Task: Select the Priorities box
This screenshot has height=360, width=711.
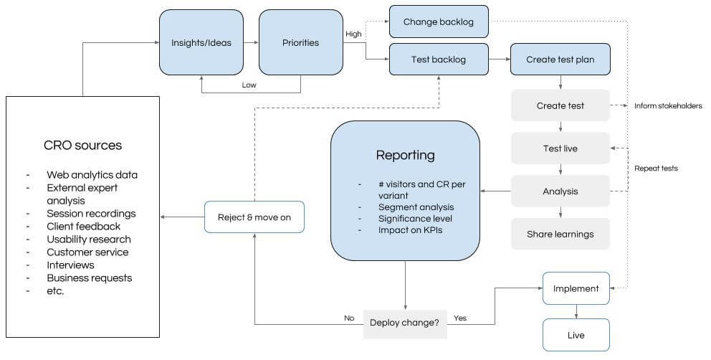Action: pyautogui.click(x=300, y=42)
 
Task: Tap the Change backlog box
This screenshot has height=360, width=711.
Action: pyautogui.click(x=439, y=22)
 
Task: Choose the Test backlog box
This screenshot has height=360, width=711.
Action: pyautogui.click(x=439, y=60)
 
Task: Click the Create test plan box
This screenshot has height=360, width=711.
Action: pyautogui.click(x=560, y=60)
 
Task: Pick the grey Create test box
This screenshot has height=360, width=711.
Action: pyautogui.click(x=560, y=105)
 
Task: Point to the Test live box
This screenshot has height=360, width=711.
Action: pyautogui.click(x=560, y=148)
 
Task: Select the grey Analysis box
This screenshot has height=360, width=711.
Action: pyautogui.click(x=560, y=191)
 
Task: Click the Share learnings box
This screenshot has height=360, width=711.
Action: pyautogui.click(x=560, y=234)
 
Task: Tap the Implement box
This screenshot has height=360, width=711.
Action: pyautogui.click(x=576, y=288)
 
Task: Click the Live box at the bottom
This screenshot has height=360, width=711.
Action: pyautogui.click(x=576, y=335)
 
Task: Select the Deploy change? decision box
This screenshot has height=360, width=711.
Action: pyautogui.click(x=405, y=323)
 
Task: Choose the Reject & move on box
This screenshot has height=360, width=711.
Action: pyautogui.click(x=254, y=217)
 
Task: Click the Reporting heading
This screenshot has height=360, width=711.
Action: pyautogui.click(x=405, y=155)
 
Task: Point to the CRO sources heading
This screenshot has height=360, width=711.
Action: pyautogui.click(x=82, y=145)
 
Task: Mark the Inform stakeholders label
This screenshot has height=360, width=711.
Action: pyautogui.click(x=667, y=106)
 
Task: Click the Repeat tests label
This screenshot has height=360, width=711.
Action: pyautogui.click(x=656, y=169)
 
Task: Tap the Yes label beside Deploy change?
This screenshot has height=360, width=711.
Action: pyautogui.click(x=460, y=318)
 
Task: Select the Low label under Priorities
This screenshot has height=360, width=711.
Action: pyautogui.click(x=249, y=85)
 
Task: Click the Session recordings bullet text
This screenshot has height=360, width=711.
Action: pyautogui.click(x=91, y=214)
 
